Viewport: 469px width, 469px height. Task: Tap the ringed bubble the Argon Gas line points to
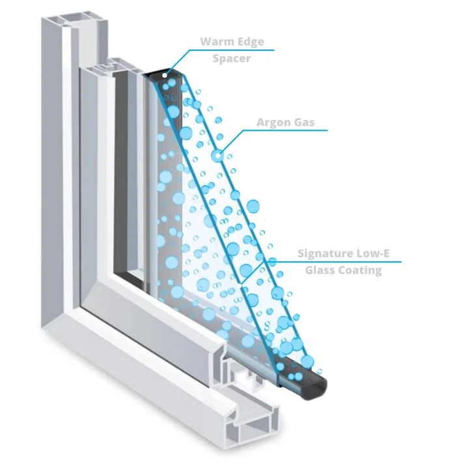click(x=217, y=156)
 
